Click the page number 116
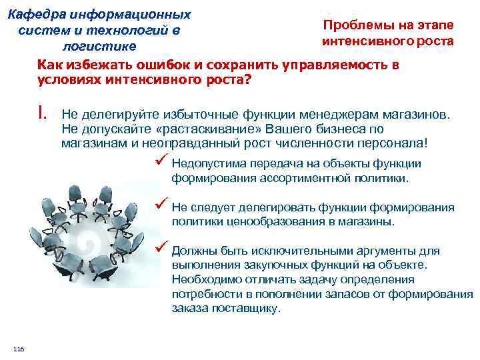[x=17, y=350]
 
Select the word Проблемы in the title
[x=351, y=25]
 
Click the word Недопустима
[x=203, y=164]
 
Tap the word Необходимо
[x=201, y=279]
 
